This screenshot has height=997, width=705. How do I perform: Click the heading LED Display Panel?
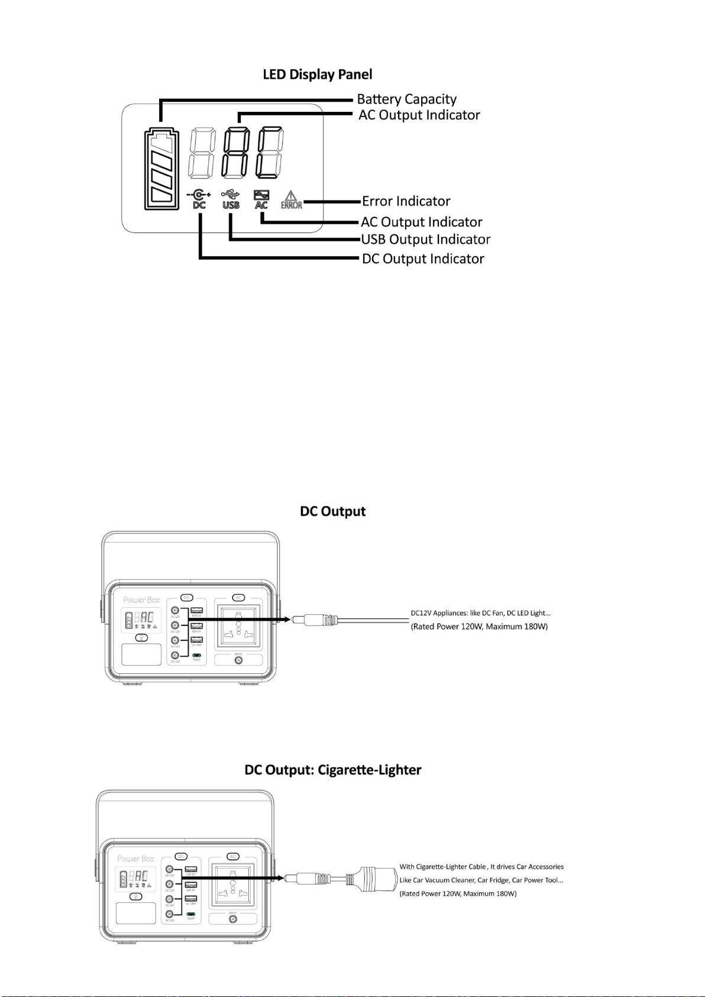coord(318,75)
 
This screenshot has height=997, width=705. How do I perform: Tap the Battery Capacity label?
coord(406,99)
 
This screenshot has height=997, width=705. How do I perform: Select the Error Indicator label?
coord(406,201)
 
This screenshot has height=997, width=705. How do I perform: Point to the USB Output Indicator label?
coord(425,240)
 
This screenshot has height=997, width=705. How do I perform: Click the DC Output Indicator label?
coord(423,259)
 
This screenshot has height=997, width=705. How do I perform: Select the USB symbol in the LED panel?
coord(231,199)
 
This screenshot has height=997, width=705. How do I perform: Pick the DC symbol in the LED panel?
coord(199,199)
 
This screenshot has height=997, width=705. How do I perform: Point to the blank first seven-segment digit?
coord(201,153)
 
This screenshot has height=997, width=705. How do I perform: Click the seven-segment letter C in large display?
coord(270,153)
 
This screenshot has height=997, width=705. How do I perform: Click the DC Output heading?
coord(333,511)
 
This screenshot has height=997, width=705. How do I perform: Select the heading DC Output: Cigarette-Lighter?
coord(333,770)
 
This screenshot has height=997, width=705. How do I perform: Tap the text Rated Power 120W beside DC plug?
coord(479,627)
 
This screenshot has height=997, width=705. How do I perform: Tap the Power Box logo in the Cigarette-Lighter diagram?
coord(135,858)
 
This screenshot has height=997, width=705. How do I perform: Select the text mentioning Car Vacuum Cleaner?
coord(481,880)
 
